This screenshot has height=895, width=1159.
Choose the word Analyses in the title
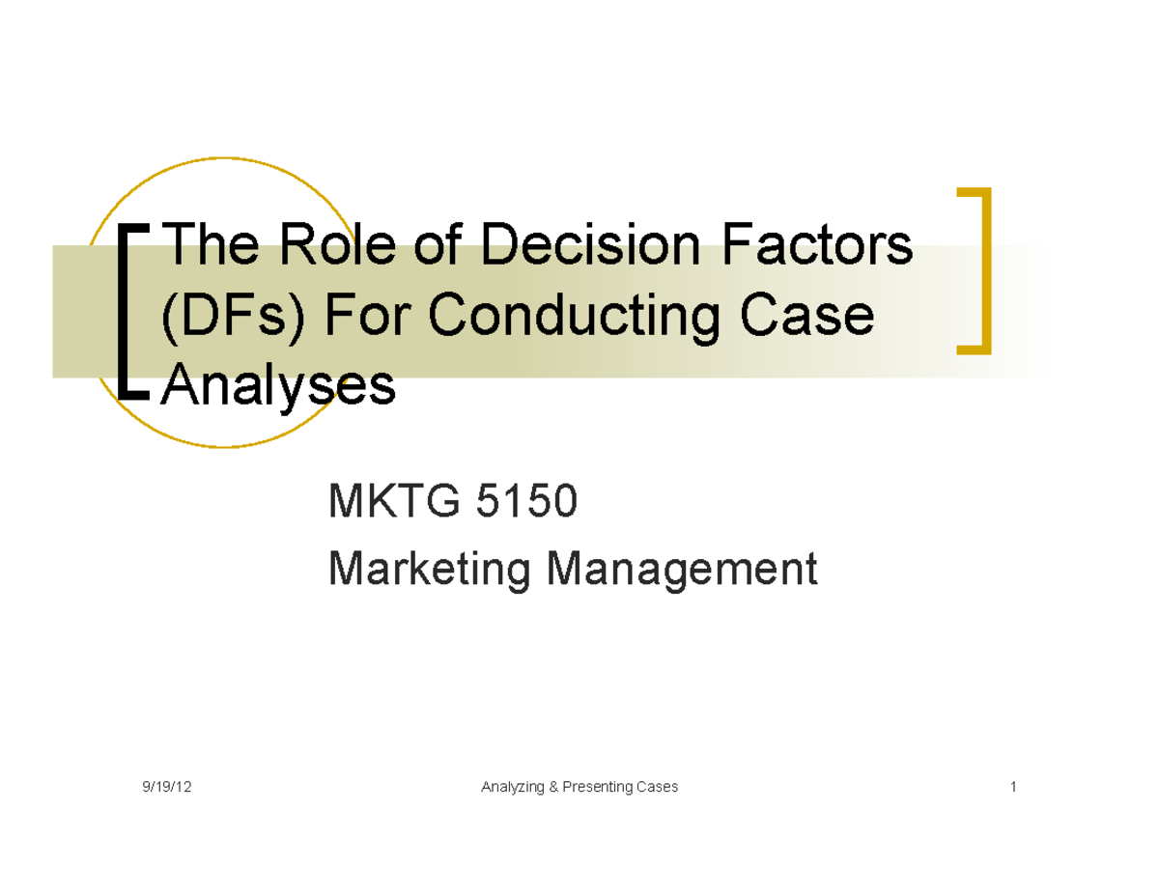click(279, 386)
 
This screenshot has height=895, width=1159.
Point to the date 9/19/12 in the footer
click(166, 787)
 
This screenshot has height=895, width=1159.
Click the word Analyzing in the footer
click(512, 787)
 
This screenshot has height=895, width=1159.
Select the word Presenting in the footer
click(597, 787)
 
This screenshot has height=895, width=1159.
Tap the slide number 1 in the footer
click(1013, 787)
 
